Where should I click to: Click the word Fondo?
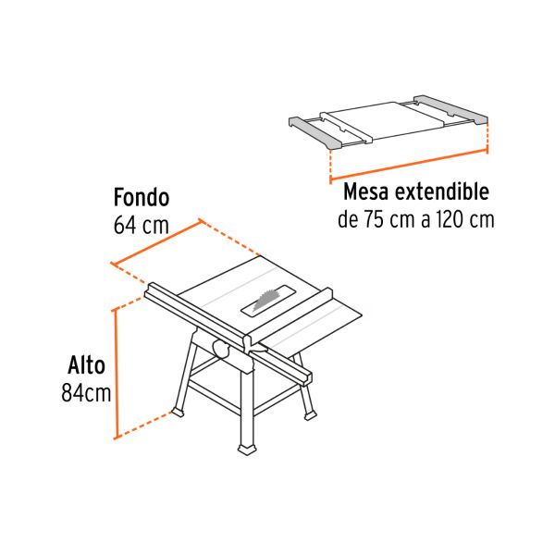click(142, 197)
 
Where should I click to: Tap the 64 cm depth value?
click(141, 225)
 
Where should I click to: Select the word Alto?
click(86, 365)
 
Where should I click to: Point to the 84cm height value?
click(86, 392)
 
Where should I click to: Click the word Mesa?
click(366, 191)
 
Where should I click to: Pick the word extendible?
click(442, 191)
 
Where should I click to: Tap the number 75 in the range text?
click(374, 219)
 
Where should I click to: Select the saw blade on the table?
click(266, 299)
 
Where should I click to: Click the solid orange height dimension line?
click(116, 375)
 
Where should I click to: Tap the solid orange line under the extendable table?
click(409, 166)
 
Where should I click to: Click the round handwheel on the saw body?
click(221, 349)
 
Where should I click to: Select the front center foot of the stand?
click(248, 450)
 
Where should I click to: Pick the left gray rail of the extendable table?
click(315, 132)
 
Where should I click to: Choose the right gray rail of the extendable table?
click(451, 110)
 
